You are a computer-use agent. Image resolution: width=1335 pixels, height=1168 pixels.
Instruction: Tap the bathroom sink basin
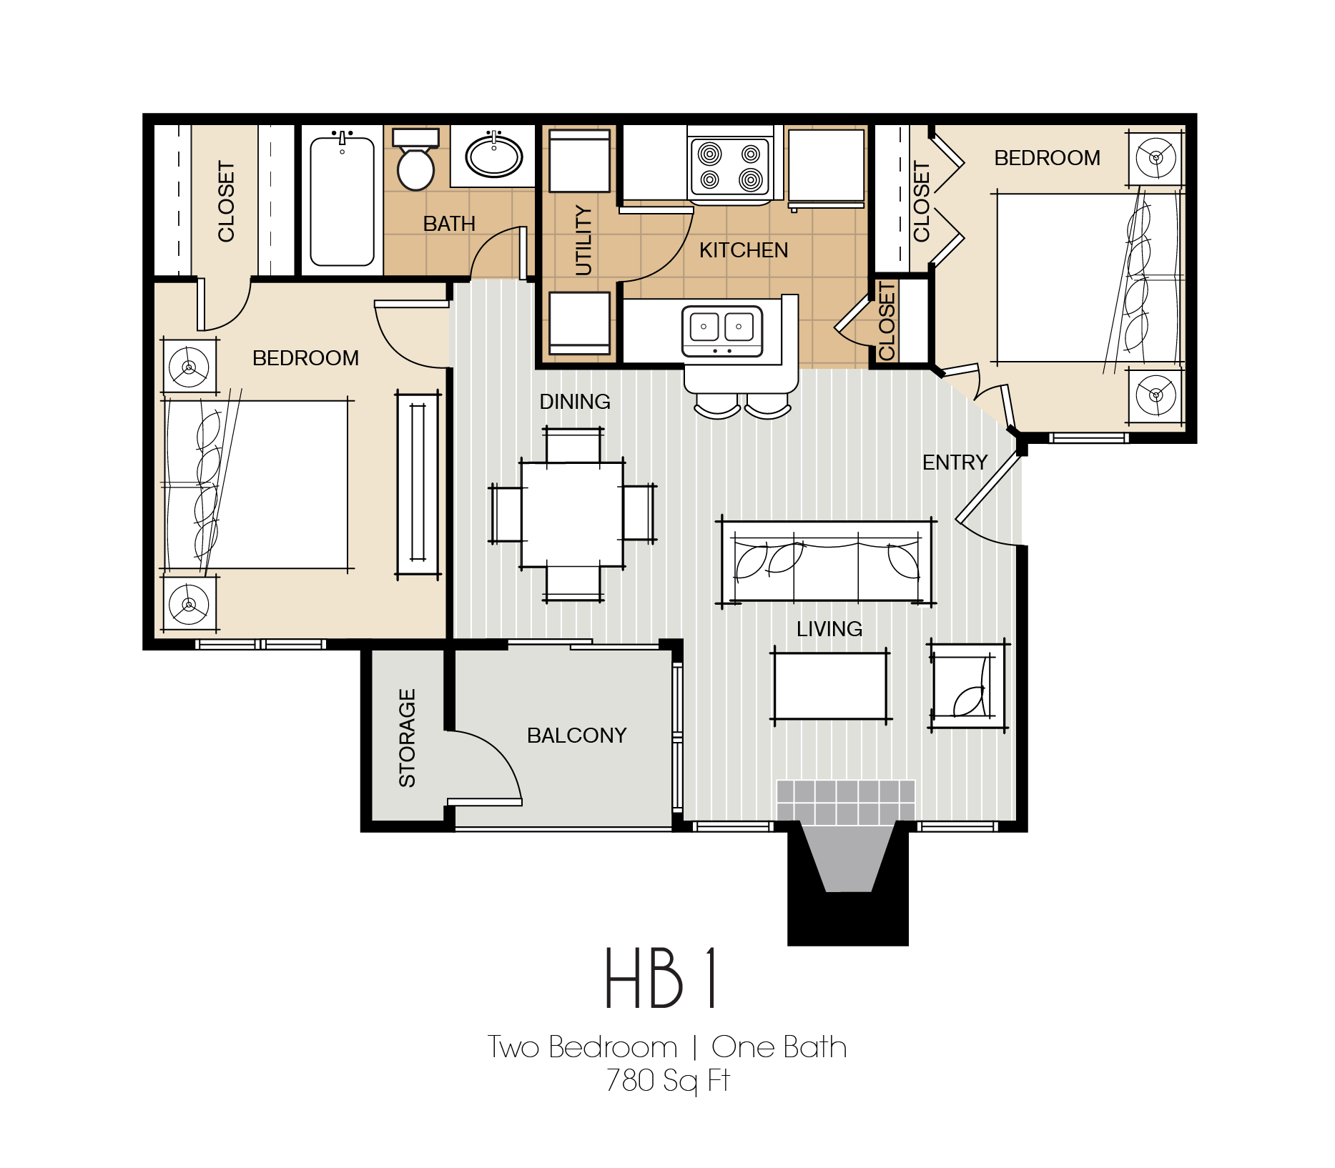coord(494,156)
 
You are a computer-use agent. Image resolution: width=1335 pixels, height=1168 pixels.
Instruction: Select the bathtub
coord(342,202)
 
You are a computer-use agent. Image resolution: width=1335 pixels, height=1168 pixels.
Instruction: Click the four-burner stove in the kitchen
coord(729,166)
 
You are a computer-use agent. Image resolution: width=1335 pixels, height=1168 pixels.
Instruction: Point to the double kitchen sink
coord(721,330)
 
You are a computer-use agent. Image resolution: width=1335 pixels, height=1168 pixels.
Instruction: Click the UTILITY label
coord(584,240)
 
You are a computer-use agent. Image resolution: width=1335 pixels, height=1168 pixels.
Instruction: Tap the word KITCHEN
coord(743,250)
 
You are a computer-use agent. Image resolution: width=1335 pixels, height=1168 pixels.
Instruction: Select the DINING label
coord(575,402)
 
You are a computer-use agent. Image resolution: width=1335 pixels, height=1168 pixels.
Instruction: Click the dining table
coord(572,515)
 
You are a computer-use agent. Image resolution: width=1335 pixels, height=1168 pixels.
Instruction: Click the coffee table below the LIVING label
coord(830,686)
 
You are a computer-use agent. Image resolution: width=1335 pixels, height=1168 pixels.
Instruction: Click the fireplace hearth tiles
coord(845,801)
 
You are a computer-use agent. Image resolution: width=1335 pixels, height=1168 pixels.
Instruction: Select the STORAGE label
coord(407,738)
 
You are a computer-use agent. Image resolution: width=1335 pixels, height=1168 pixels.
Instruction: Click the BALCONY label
coord(576,736)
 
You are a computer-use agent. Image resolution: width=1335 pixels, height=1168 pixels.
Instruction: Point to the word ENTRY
coord(955,462)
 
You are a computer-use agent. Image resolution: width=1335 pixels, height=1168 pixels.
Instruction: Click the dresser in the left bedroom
coord(418,484)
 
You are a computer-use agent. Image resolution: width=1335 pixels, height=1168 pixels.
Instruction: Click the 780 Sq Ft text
coord(667,1080)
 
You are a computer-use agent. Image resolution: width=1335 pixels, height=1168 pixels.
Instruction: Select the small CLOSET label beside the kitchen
coord(887,321)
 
